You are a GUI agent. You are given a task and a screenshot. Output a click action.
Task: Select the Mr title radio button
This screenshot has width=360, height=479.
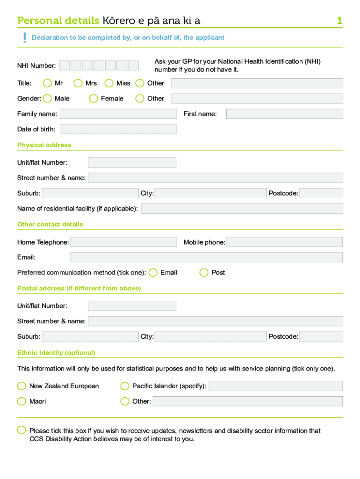(x=47, y=83)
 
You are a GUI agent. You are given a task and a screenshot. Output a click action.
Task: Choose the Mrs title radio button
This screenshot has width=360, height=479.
(x=78, y=83)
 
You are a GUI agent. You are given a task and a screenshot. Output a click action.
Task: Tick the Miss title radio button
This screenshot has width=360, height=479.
(x=109, y=83)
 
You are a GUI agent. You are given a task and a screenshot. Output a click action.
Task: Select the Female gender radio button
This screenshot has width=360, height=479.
(x=94, y=98)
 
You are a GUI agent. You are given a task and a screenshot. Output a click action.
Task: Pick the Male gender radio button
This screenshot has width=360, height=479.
(x=47, y=98)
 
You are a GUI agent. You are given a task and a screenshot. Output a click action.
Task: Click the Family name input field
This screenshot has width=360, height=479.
(x=118, y=114)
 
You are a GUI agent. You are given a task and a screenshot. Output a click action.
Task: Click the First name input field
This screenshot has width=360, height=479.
(x=284, y=114)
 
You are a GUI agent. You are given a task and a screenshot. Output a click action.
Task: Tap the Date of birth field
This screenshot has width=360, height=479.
(x=118, y=129)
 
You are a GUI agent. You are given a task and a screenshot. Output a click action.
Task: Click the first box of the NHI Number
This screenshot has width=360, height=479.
(x=65, y=65)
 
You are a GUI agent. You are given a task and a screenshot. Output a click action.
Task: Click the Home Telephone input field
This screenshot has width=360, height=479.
(x=123, y=242)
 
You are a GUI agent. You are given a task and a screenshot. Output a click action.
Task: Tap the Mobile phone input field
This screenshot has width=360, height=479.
(x=284, y=242)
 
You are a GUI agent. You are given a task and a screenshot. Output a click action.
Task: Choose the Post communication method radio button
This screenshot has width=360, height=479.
(x=204, y=273)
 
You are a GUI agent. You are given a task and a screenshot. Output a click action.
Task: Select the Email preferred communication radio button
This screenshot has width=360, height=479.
(x=152, y=273)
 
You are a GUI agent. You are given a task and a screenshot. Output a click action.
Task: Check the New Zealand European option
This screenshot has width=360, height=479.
(x=22, y=386)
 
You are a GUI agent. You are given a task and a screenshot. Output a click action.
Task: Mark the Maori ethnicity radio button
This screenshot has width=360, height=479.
(x=22, y=401)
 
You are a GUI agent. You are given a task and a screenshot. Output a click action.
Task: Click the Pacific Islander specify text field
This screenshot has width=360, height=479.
(x=275, y=386)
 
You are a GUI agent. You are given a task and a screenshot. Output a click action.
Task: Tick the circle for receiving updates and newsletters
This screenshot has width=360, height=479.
(x=22, y=430)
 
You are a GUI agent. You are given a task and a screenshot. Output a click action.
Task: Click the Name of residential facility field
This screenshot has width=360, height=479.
(x=242, y=208)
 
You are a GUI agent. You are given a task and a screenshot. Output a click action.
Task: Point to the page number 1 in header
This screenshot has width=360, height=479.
(x=339, y=21)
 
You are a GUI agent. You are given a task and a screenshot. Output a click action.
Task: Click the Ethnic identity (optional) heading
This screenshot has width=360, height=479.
(x=56, y=353)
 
